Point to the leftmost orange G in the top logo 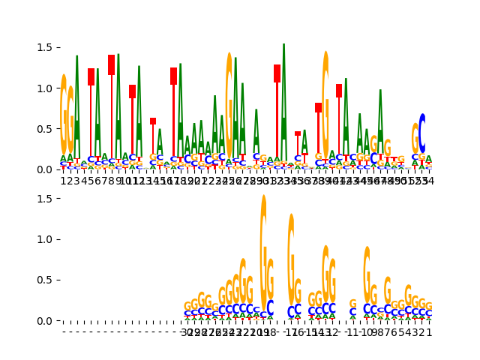click(64, 112)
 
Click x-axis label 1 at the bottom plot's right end click(429, 331)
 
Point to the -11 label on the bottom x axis click(352, 331)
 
